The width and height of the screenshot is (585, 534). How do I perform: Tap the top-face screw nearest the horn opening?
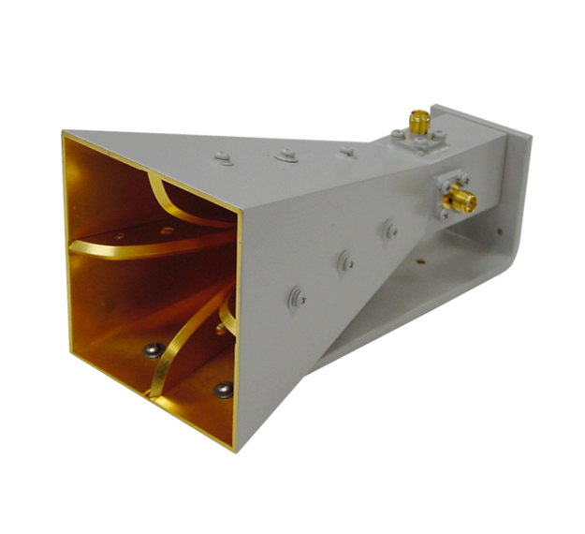pyautogui.click(x=222, y=158)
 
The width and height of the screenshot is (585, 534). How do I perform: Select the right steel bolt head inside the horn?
pyautogui.click(x=223, y=390)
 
